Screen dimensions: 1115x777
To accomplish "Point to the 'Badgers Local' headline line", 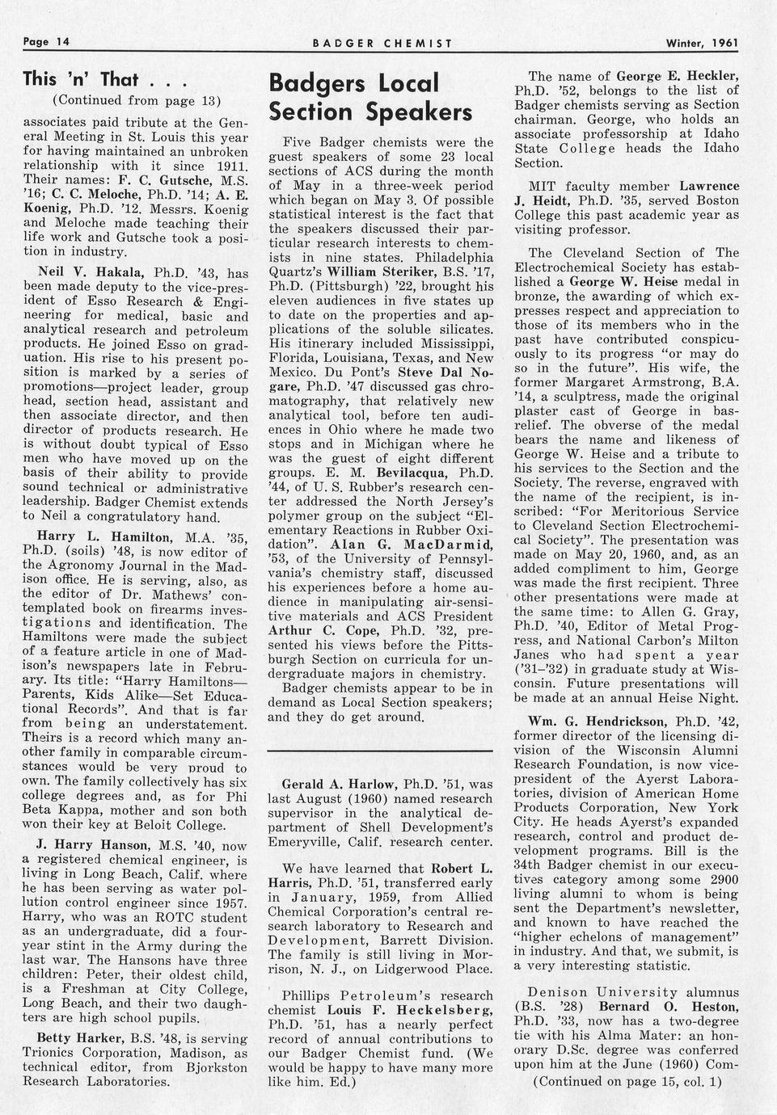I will [353, 83].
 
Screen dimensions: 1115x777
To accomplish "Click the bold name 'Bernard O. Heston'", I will [669, 1006].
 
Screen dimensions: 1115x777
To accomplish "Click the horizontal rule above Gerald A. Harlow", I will [379, 751].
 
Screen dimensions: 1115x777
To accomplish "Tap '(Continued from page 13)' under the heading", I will [136, 101].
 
